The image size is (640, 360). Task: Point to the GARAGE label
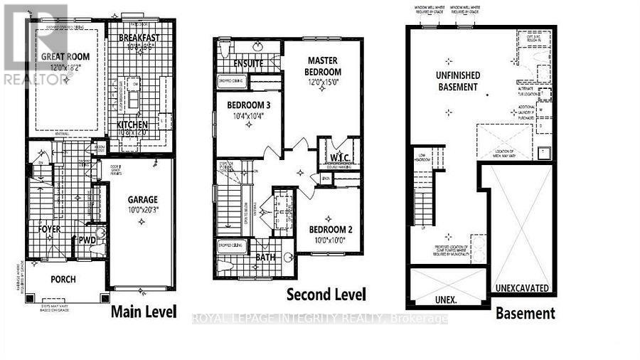coord(143,200)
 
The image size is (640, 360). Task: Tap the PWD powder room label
coord(87,240)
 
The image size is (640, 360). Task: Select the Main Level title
coord(144,312)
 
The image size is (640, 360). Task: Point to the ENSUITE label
coord(250,64)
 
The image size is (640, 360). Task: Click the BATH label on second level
coord(266,258)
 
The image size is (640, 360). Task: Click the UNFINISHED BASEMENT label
coord(458,82)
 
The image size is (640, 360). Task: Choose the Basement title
coord(526,313)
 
